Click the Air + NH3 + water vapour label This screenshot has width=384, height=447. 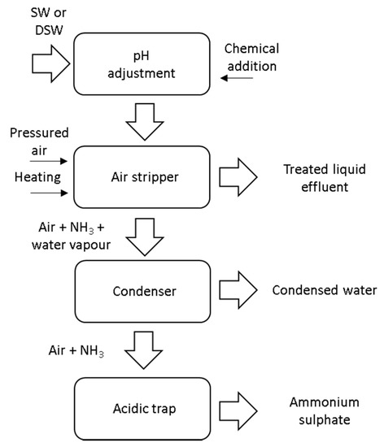[x=58, y=232]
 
